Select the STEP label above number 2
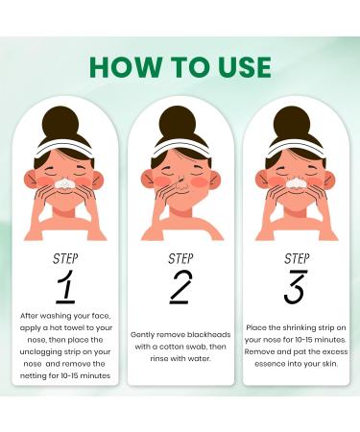pyautogui.click(x=180, y=257)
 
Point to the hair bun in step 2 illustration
pyautogui.click(x=180, y=121)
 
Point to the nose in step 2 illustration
pyautogui.click(x=180, y=180)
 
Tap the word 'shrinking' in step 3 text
pyautogui.click(x=295, y=327)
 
